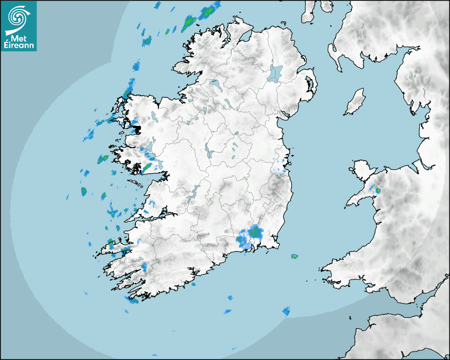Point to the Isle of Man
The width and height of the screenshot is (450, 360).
355,102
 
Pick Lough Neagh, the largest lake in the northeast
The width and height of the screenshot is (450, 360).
276,73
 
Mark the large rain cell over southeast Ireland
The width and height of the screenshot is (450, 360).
253,233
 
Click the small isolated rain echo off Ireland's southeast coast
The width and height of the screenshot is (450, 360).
294,256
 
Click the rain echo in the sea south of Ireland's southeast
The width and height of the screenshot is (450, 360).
286,311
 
